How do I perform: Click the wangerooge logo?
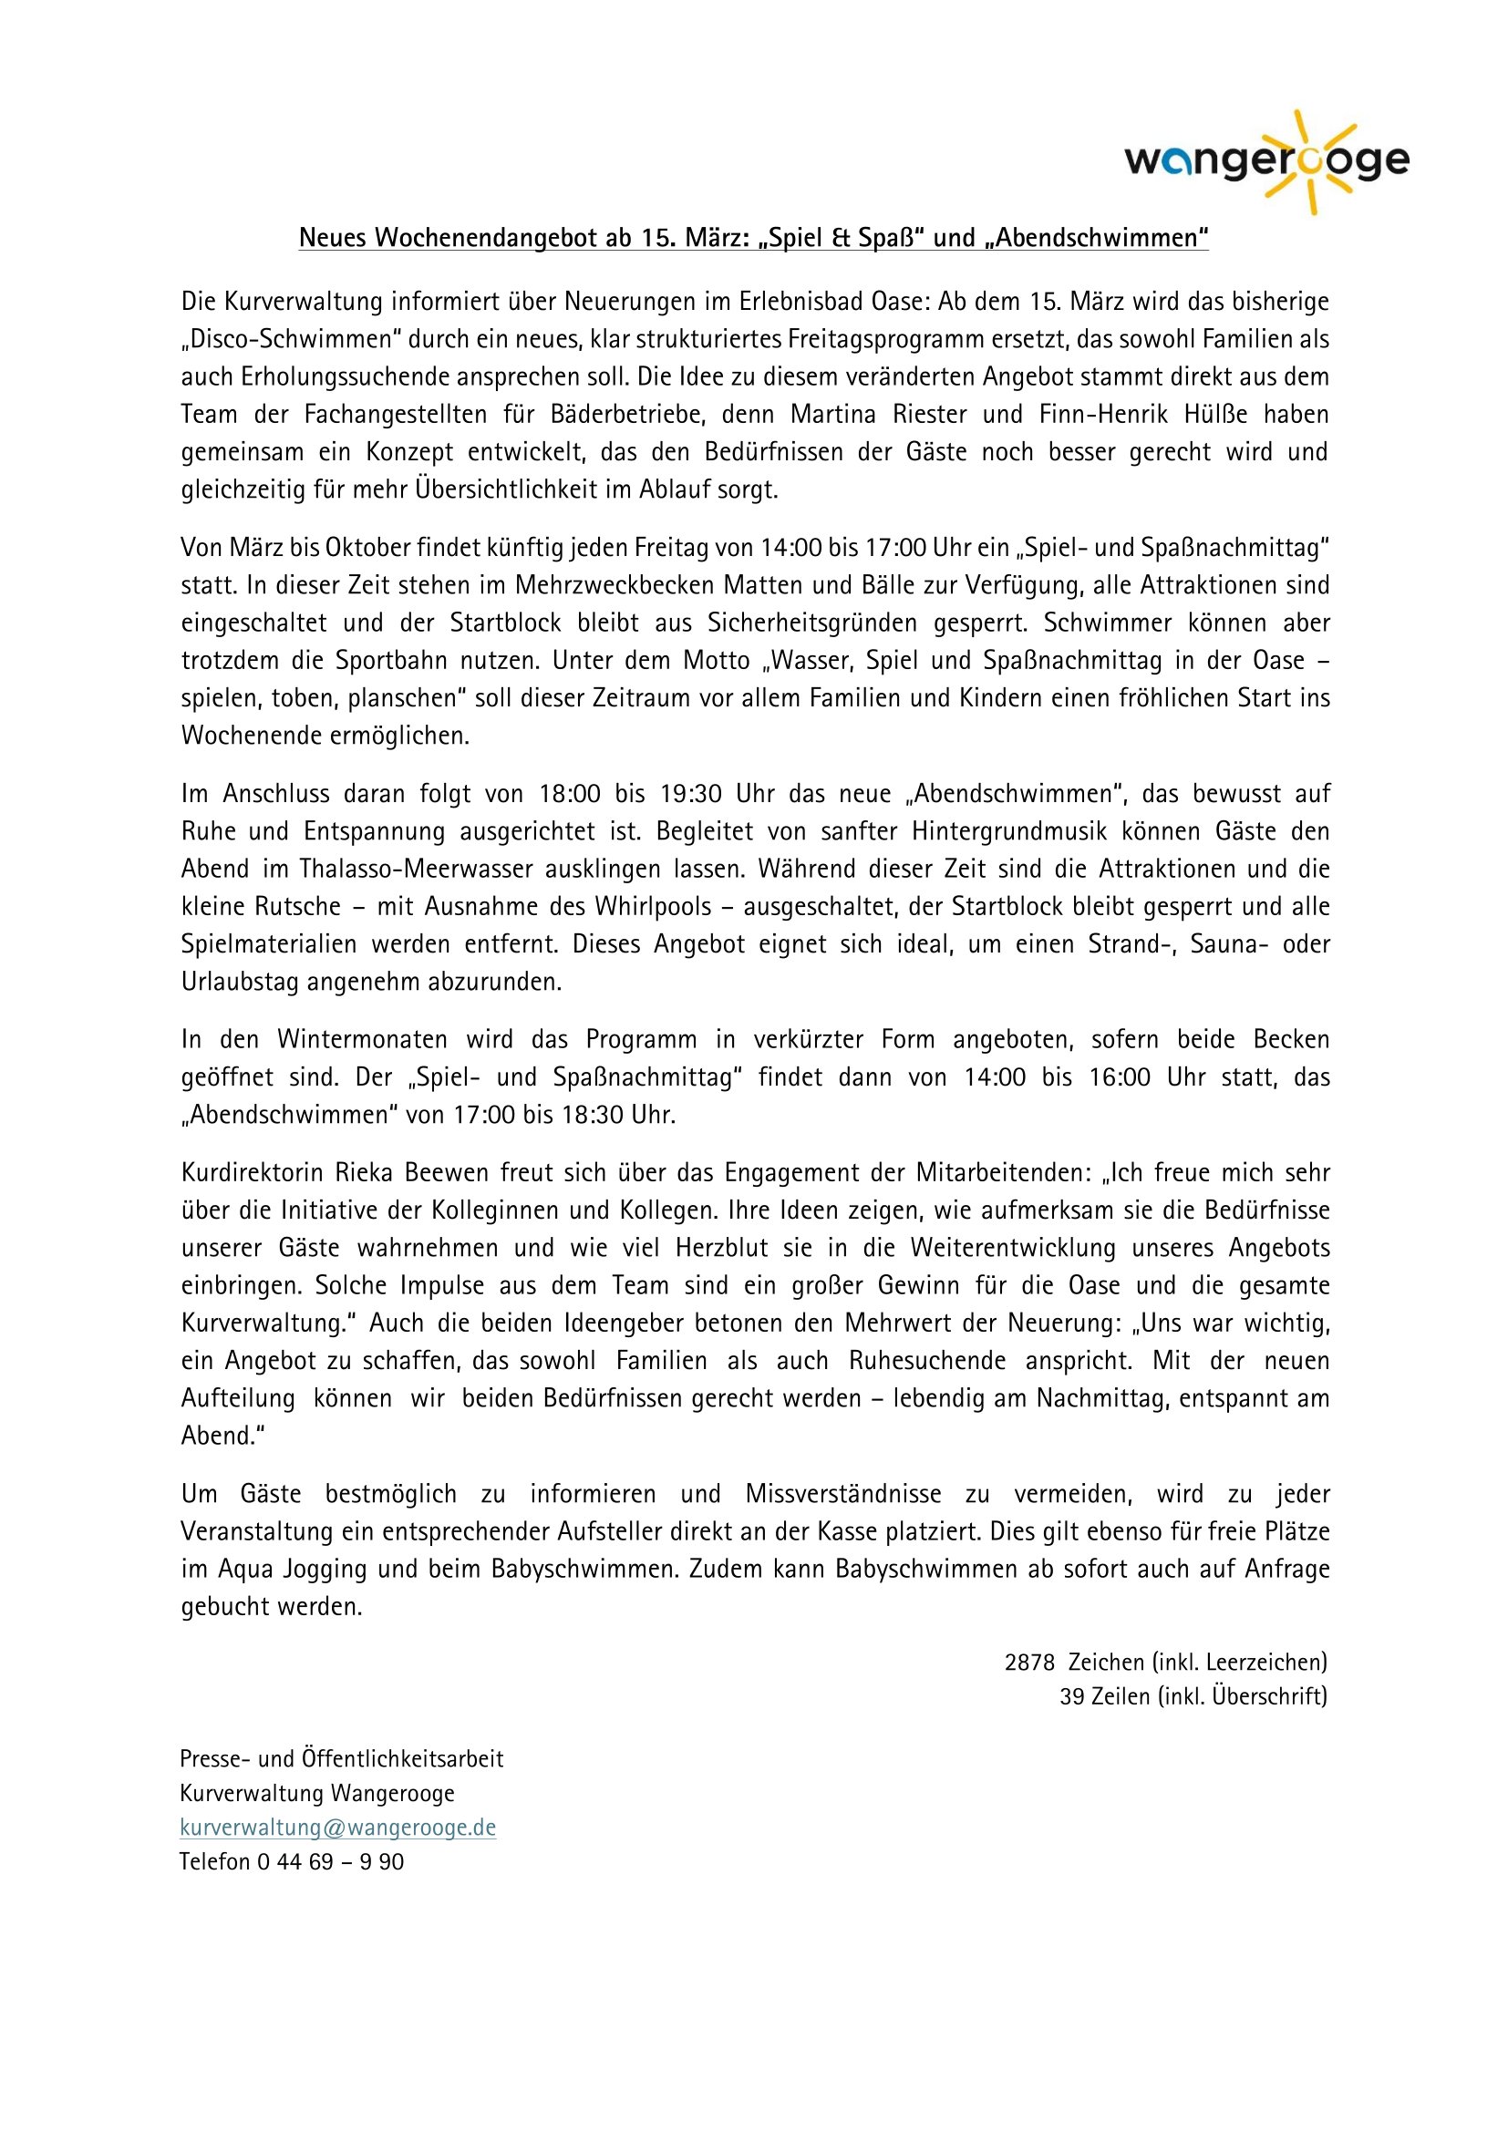click(1266, 161)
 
